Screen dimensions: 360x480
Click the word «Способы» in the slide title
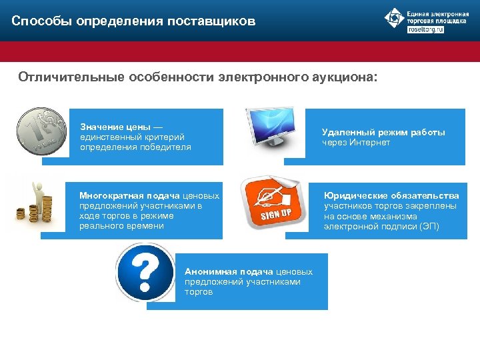tap(41, 22)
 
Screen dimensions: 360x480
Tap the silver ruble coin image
tap(41, 131)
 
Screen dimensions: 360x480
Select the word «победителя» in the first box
tap(169, 147)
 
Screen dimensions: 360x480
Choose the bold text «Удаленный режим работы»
tap(383, 132)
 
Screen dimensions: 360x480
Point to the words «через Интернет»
tap(356, 142)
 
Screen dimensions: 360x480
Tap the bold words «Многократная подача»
tap(130, 195)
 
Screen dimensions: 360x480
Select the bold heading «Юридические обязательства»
tap(391, 195)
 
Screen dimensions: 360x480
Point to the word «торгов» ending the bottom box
tap(199, 292)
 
